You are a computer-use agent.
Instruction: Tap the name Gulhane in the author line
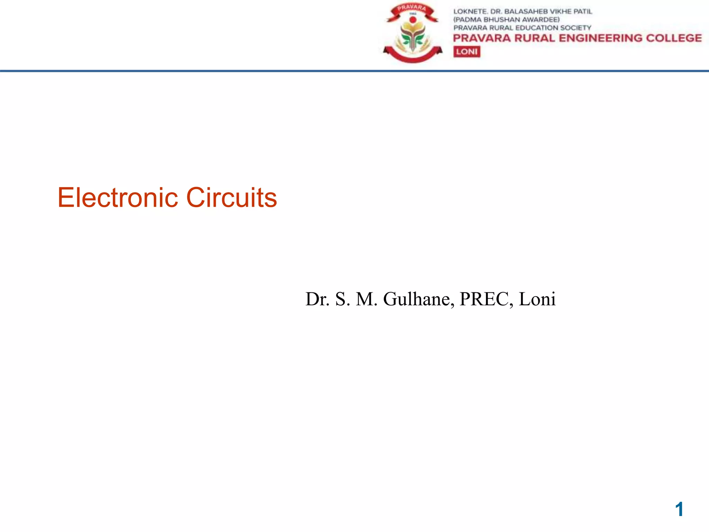(418, 299)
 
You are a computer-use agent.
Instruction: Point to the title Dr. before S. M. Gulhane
(317, 299)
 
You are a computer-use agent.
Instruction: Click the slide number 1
(679, 509)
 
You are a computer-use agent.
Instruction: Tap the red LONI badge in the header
(467, 52)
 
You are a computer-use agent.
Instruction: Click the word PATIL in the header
(583, 11)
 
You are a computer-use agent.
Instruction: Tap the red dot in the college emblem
(412, 20)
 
